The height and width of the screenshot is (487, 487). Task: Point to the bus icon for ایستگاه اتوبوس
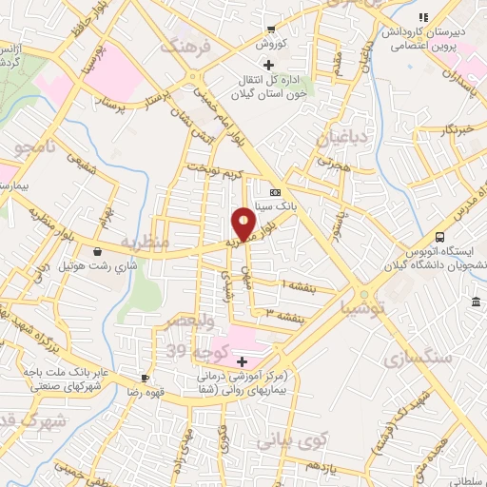pos(439,237)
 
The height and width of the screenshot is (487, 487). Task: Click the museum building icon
pos(475,302)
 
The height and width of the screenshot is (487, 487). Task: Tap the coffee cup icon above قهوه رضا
pos(144,377)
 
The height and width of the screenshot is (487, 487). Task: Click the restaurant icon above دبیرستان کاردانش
pos(424,17)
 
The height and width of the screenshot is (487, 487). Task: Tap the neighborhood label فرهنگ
pos(182,45)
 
